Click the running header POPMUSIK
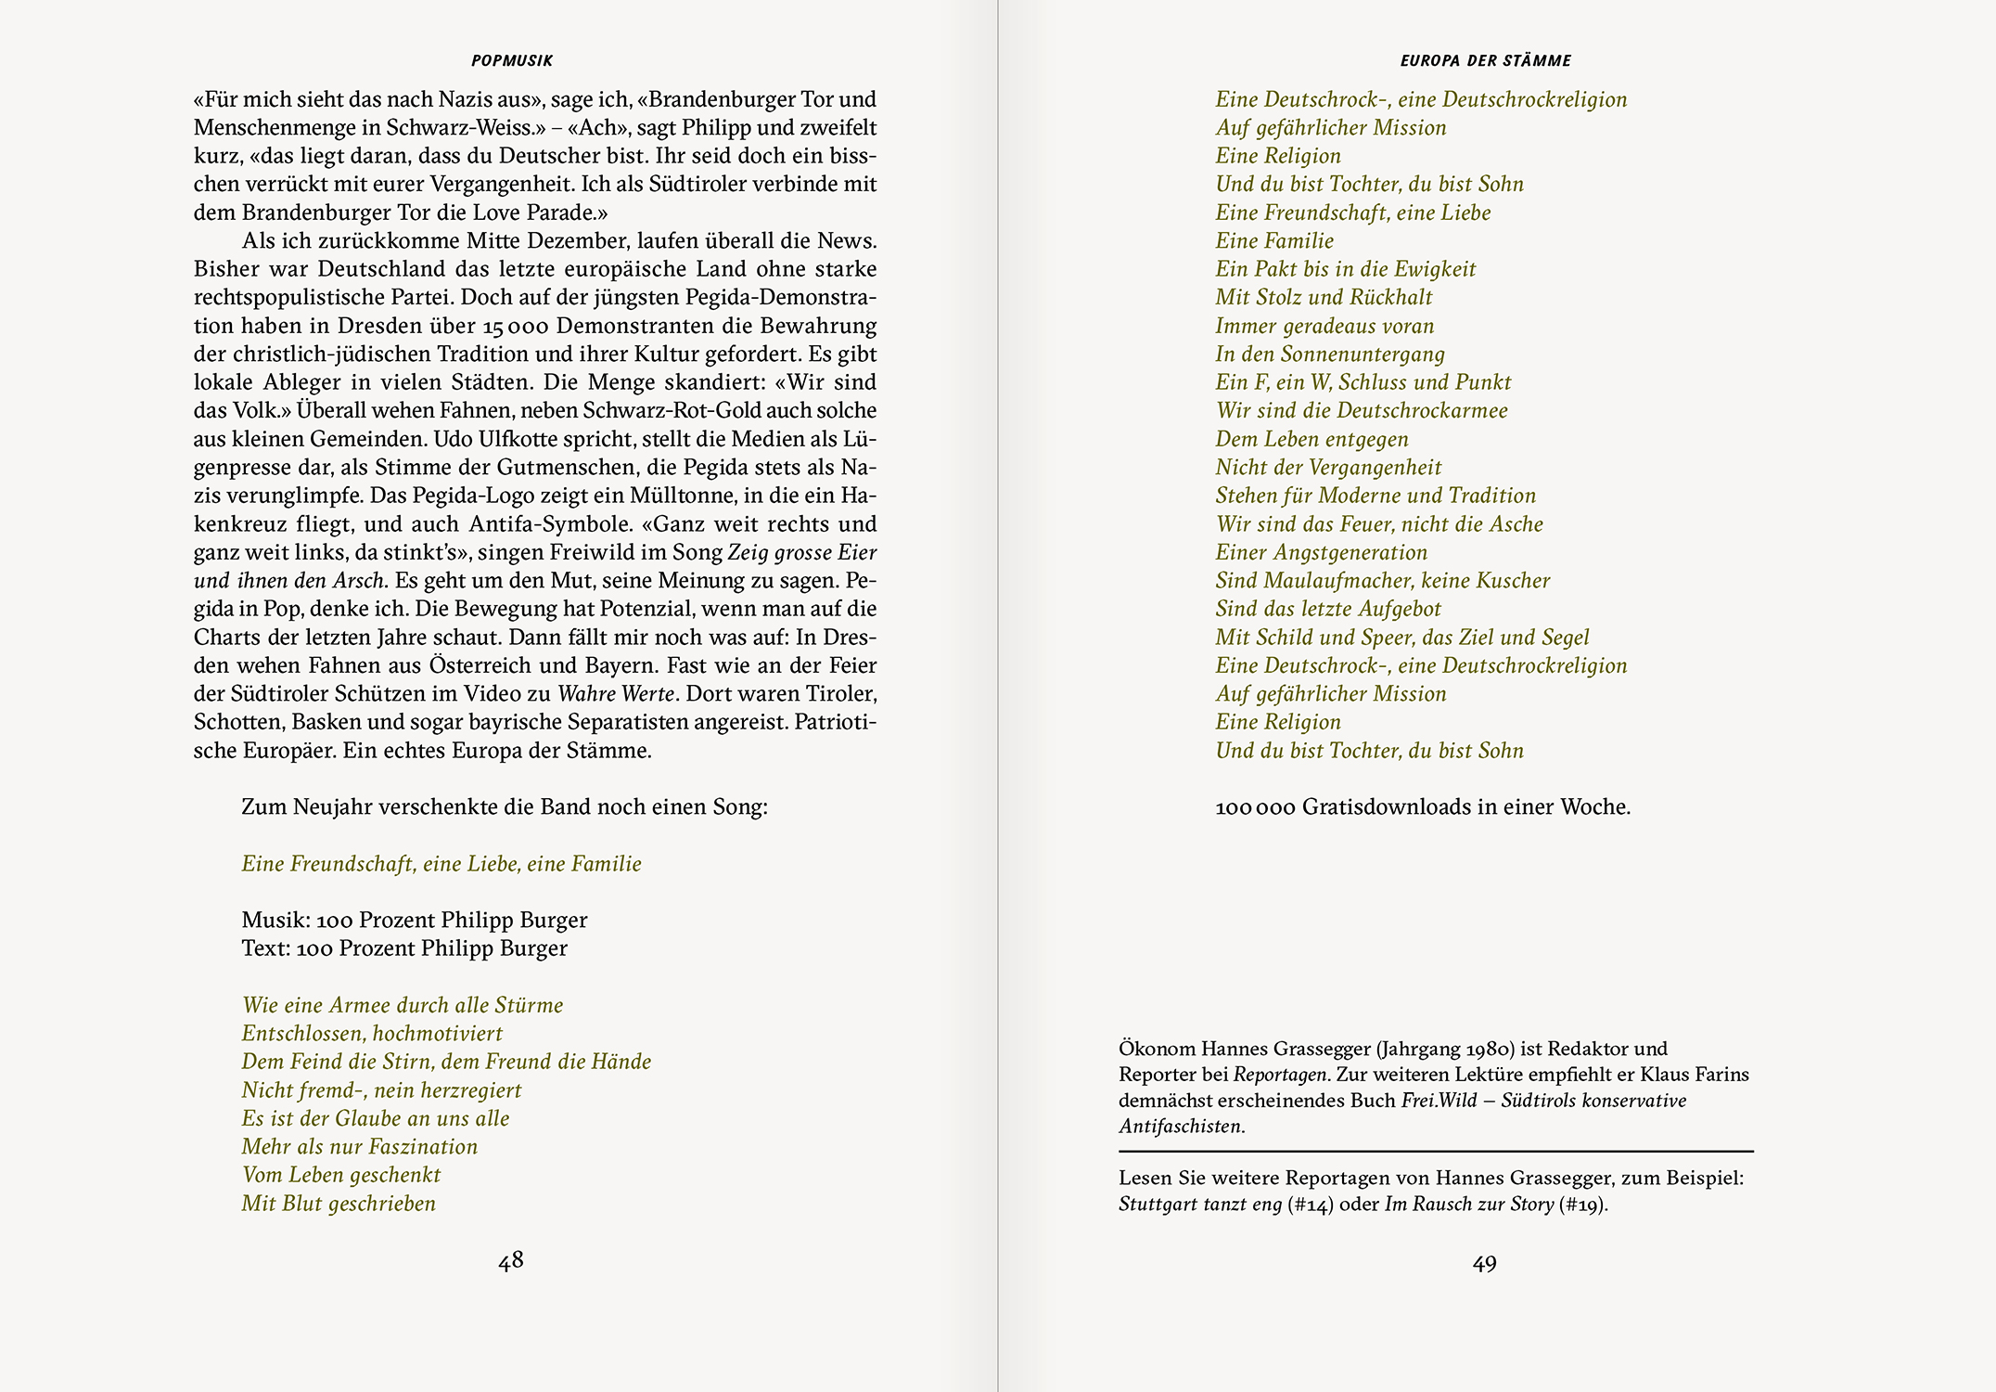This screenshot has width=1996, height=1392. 512,61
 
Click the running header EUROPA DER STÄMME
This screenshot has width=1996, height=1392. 1485,61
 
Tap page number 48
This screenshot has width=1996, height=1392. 511,1260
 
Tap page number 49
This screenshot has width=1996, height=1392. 1484,1263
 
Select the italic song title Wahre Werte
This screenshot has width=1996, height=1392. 615,694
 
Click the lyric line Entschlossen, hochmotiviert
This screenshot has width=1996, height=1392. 372,1034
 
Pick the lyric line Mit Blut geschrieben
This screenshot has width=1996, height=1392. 339,1204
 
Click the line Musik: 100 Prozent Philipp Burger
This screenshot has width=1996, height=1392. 415,921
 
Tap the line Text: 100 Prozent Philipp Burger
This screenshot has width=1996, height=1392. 404,948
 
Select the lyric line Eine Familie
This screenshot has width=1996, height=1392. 1274,241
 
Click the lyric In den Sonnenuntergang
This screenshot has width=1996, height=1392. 1330,354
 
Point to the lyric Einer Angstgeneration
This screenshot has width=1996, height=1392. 1322,553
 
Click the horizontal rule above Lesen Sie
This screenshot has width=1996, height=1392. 1436,1152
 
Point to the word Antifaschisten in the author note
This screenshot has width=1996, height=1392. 1181,1127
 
